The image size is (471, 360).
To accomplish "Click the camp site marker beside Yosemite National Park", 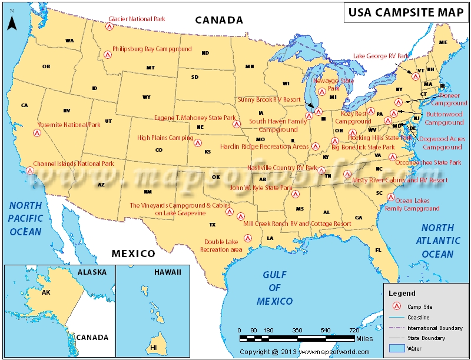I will point(37,133).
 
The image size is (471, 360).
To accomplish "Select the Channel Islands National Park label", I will point(74,164).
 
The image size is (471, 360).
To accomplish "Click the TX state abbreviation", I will point(213,225).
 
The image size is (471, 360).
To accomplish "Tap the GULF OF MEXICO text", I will point(274,288).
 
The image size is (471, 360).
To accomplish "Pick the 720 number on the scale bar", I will point(354,330).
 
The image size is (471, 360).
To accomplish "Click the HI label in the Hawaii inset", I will point(154,348).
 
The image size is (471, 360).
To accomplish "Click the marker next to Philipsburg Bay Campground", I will point(107,55).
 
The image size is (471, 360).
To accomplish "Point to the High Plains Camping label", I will point(165,138).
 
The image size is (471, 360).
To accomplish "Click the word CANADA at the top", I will point(219,20).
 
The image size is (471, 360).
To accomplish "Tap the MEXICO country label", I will point(133,254).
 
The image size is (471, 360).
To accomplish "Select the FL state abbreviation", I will point(378,249).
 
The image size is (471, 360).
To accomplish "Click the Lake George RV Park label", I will point(381,56).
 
